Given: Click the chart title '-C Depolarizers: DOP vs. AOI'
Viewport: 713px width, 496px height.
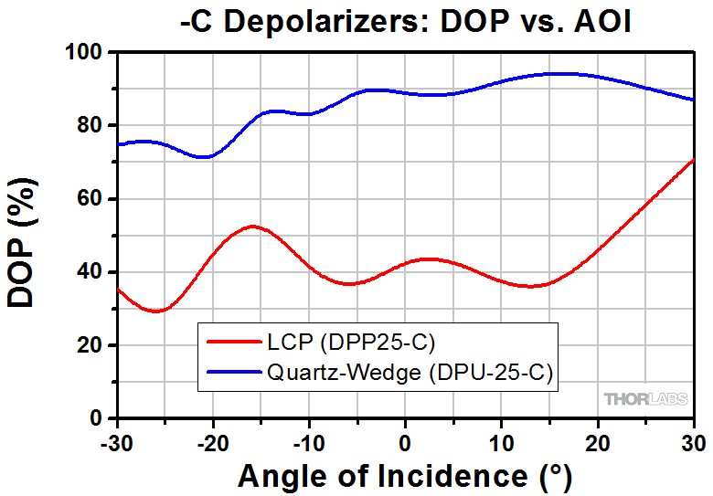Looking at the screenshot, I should pyautogui.click(x=406, y=21).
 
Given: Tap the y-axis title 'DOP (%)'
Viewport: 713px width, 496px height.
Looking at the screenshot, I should pyautogui.click(x=25, y=235).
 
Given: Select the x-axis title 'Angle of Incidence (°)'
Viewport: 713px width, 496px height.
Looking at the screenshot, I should pyautogui.click(x=406, y=476).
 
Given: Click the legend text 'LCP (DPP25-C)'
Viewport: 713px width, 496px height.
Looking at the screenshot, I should pyautogui.click(x=350, y=343).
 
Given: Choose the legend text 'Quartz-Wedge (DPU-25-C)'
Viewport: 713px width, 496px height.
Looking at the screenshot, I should pyautogui.click(x=410, y=372).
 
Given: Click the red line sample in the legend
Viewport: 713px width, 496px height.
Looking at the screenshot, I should pyautogui.click(x=234, y=343).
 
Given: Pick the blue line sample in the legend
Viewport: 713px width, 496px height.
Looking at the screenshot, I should pyautogui.click(x=234, y=372).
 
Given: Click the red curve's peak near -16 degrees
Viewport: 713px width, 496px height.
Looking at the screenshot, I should pyautogui.click(x=252, y=227).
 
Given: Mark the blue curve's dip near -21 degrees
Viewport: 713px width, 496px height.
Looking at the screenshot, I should pyautogui.click(x=206, y=156).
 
